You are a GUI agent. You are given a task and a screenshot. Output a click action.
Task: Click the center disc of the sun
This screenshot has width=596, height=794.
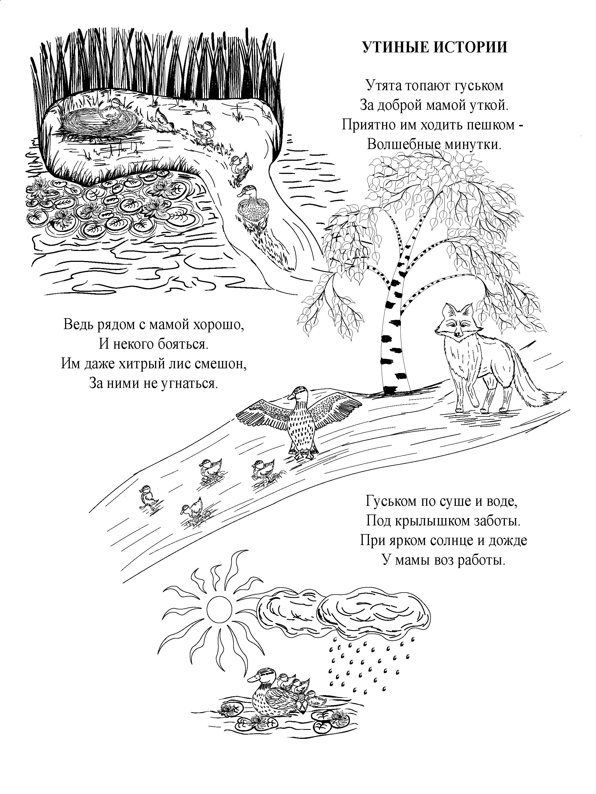click(x=219, y=608)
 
